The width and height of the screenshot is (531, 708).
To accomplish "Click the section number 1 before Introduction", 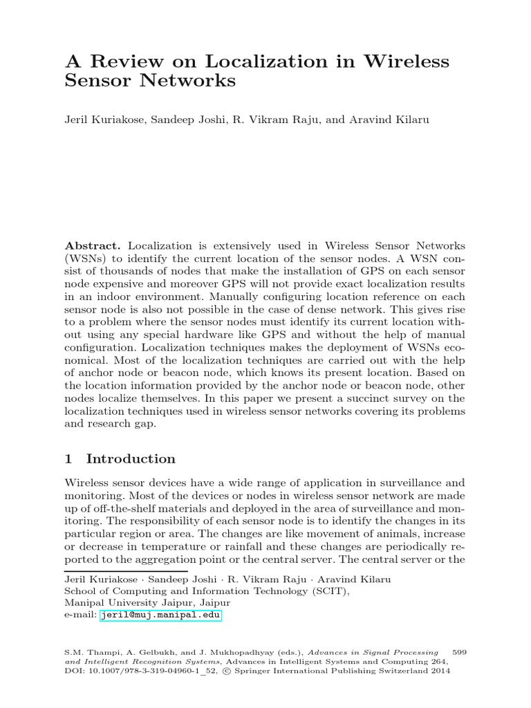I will point(68,459).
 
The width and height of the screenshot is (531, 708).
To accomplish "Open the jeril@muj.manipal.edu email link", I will point(160,615).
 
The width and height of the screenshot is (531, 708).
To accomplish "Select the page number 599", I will point(459,651).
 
